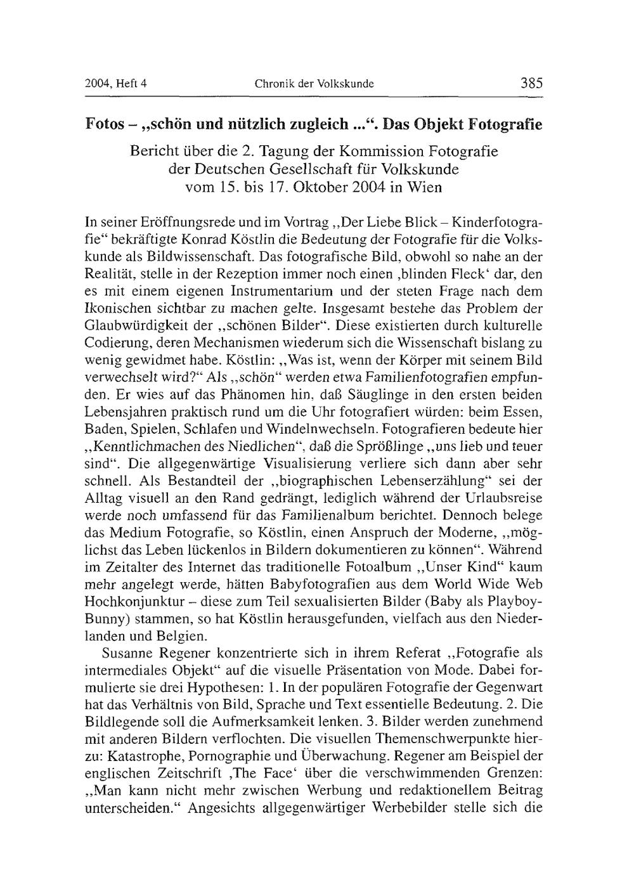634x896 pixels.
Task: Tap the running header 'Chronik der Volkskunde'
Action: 314,84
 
